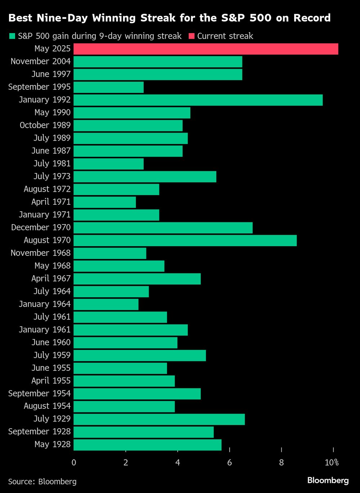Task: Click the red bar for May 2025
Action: (x=206, y=49)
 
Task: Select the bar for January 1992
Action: (x=198, y=100)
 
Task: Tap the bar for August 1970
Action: (x=185, y=240)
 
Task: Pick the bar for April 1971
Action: (x=105, y=202)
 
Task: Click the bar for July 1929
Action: (x=159, y=419)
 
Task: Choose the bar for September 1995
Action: (x=109, y=87)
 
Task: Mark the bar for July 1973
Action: (x=145, y=177)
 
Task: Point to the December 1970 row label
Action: (x=41, y=227)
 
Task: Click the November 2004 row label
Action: (x=40, y=62)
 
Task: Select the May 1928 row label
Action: (x=53, y=444)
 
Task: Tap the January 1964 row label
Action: (x=45, y=304)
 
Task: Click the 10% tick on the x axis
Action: (x=332, y=463)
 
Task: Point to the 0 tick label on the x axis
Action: (x=74, y=463)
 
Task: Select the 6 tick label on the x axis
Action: (x=229, y=463)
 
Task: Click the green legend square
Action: (x=12, y=36)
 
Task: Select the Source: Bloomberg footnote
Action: (x=42, y=481)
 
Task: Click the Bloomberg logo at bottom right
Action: (x=328, y=480)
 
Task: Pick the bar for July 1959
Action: (x=140, y=356)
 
